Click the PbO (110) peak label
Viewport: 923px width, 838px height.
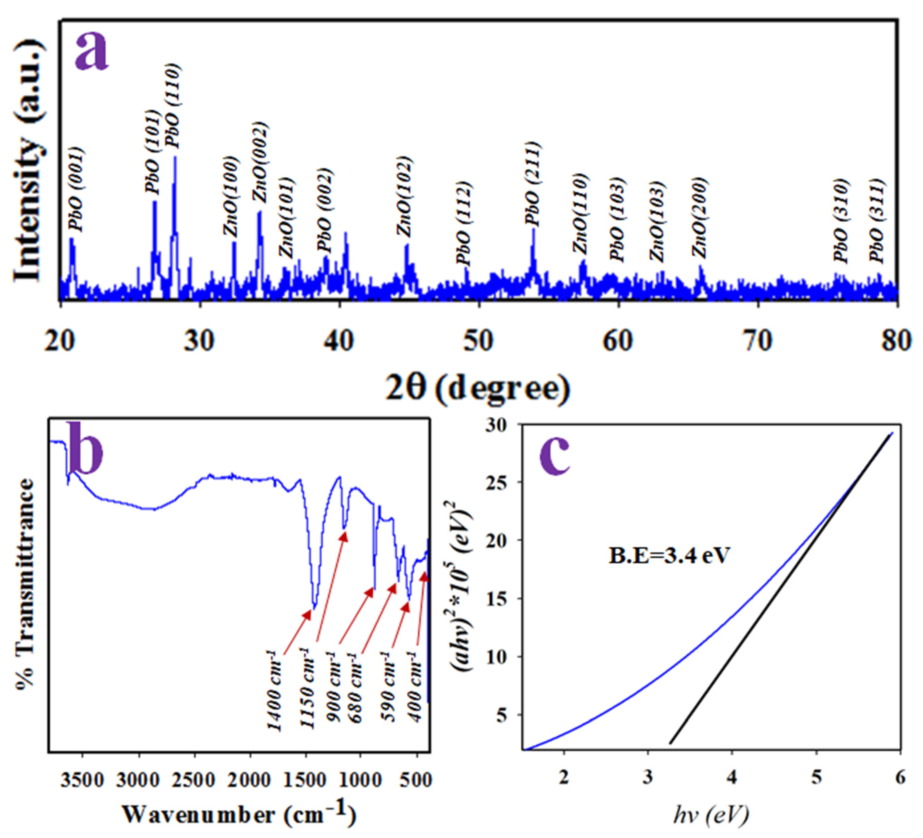[174, 106]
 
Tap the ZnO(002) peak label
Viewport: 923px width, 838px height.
[260, 163]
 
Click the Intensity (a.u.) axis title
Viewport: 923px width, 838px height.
[30, 160]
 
